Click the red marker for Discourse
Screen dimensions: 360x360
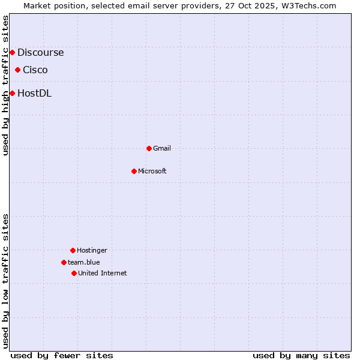(x=12, y=52)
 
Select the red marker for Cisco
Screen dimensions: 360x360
(x=17, y=70)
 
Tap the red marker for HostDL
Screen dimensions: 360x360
(x=12, y=93)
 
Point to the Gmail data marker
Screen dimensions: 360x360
(x=149, y=148)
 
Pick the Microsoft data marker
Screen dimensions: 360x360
(x=134, y=171)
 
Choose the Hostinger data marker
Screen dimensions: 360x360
(x=73, y=250)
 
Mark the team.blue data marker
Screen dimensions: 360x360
(x=64, y=262)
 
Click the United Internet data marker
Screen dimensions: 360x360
(x=74, y=273)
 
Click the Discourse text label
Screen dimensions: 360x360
(x=40, y=52)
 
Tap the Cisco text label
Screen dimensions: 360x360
(x=35, y=70)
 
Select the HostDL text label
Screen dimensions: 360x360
(x=34, y=93)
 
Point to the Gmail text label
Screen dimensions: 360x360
(x=162, y=148)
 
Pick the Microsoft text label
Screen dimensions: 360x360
(x=152, y=171)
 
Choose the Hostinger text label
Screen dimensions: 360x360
(x=92, y=250)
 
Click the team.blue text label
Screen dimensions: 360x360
(x=84, y=262)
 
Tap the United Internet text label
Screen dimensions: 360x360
(x=103, y=273)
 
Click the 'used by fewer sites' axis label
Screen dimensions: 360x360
(x=62, y=355)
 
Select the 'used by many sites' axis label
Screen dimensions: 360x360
(x=301, y=355)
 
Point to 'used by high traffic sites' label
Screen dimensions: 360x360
(x=6, y=85)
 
